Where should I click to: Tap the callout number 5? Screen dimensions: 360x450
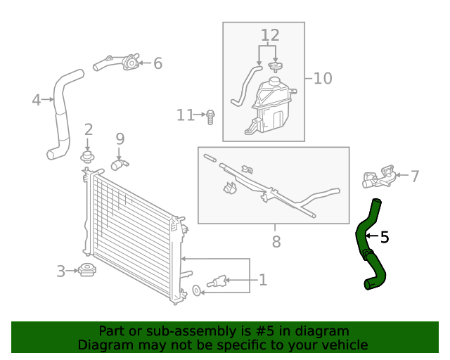coord(384,238)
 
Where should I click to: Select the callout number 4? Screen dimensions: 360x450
coord(36,100)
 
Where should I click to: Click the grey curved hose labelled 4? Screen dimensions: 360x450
coord(62,112)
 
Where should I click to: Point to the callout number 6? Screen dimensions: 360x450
coord(157,63)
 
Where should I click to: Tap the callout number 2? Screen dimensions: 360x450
coord(89,129)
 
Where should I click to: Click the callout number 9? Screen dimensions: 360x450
coord(120,139)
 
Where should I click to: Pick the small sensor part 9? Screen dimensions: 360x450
coord(119,165)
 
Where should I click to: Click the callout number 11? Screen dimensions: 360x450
coord(185,115)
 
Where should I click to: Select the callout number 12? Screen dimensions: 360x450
coord(270,35)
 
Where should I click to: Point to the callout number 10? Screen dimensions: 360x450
coord(322,77)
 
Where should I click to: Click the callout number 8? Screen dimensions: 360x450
coord(276,242)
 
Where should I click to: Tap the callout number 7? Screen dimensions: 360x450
coord(414,176)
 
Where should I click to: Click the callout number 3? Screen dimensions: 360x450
coord(61,271)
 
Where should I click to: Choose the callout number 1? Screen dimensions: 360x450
coord(262,280)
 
